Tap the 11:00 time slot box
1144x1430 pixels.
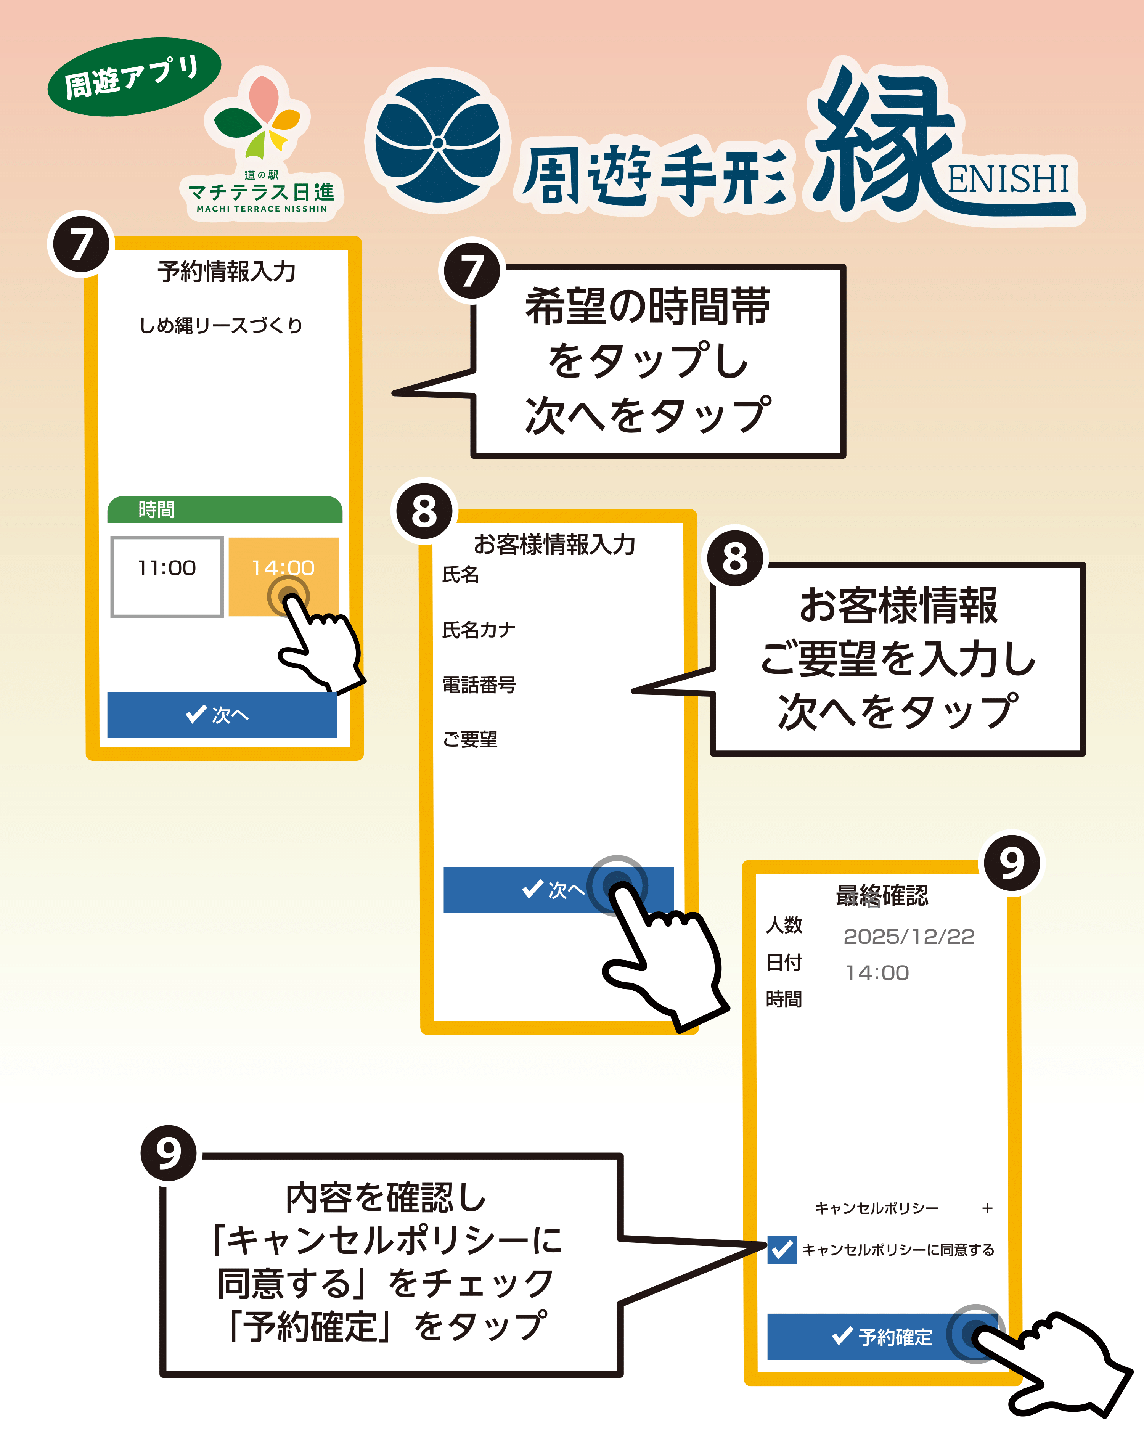pos(167,576)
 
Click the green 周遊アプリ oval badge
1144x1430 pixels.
pos(133,77)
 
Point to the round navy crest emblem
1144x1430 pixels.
pos(438,141)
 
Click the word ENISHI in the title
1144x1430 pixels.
pos(1008,179)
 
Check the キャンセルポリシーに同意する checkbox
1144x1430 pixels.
pos(782,1250)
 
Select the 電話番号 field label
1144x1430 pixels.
pos(479,684)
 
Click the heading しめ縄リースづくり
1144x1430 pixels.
pos(221,326)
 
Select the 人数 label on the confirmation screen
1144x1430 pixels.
pos(784,925)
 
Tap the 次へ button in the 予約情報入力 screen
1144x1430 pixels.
pos(222,714)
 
